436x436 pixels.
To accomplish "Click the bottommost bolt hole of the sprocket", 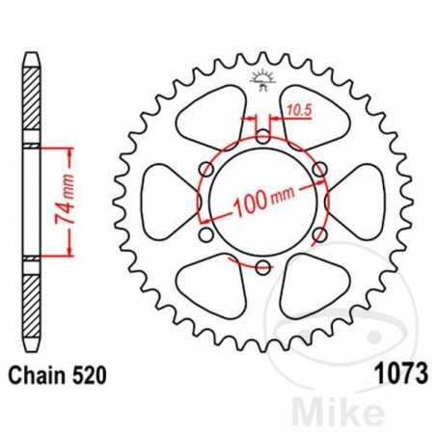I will point(262,265).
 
